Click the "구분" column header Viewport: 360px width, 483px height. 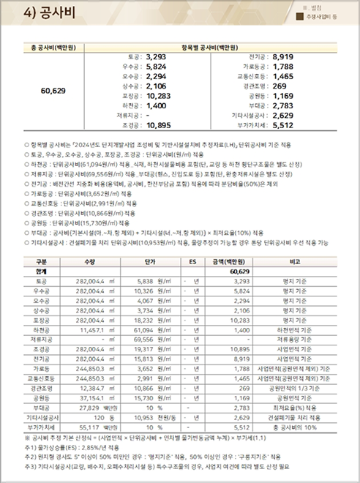coord(41,260)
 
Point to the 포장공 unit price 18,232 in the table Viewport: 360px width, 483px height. coord(148,320)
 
